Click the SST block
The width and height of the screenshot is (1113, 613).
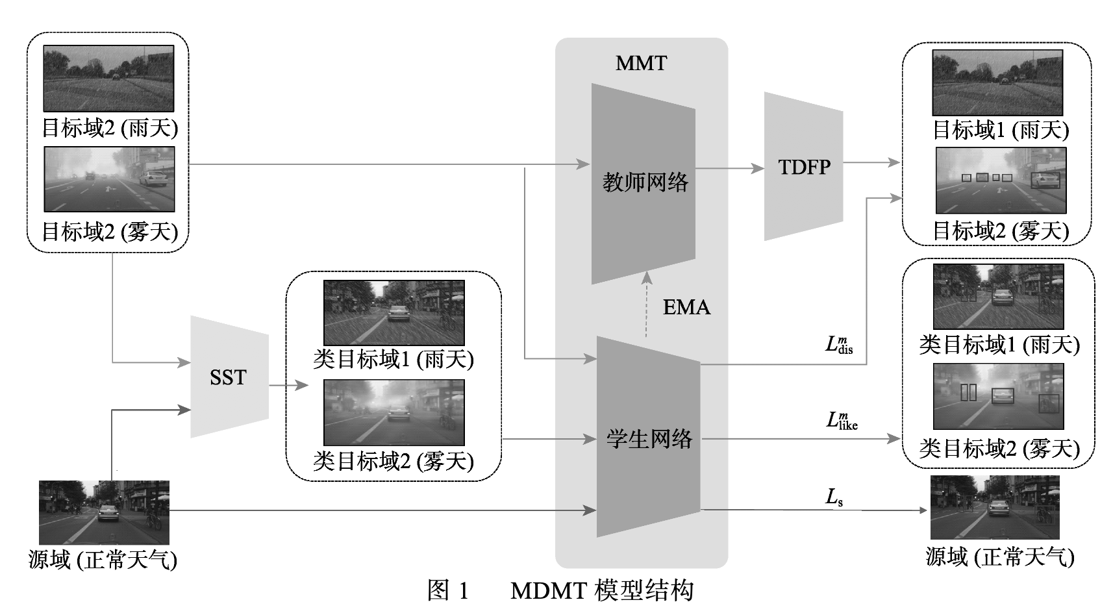pos(229,377)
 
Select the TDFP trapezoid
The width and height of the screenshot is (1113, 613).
pos(804,167)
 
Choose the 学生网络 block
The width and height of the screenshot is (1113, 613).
pos(649,438)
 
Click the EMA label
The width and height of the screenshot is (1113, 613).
pos(686,307)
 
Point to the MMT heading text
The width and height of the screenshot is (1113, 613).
pos(641,63)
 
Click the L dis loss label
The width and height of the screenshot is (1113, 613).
pos(839,345)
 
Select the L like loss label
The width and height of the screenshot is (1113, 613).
pos(842,421)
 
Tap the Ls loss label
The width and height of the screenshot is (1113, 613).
pos(834,497)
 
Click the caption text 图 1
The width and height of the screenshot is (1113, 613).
pos(447,590)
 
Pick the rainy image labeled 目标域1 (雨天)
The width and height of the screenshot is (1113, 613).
pos(997,83)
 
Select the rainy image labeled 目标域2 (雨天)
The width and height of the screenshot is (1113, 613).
pos(108,78)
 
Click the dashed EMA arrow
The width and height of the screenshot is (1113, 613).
pos(646,305)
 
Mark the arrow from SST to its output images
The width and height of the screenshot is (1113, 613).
pos(288,385)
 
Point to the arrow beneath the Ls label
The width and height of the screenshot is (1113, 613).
pos(812,510)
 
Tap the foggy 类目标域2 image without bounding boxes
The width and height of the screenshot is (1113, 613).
pos(394,412)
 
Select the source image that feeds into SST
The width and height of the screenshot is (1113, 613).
pos(104,512)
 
